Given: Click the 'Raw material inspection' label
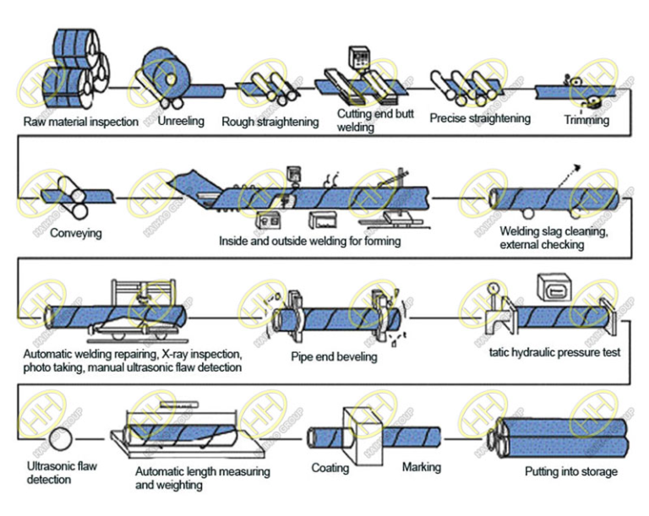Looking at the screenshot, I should [80, 122].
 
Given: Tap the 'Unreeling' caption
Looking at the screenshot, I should [181, 121].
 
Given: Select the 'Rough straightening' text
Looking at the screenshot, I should [270, 122].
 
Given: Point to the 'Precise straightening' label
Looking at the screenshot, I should [479, 118].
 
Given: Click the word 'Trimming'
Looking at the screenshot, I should [586, 120].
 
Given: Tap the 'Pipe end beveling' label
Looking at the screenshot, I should [334, 357].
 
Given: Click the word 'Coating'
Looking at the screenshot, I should [330, 467].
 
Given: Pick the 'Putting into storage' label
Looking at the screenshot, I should [570, 471].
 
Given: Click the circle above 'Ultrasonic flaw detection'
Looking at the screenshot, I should [62, 440].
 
